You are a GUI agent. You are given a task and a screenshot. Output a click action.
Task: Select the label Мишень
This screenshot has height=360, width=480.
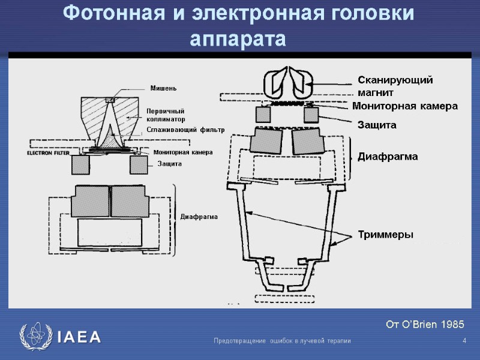(x=163, y=89)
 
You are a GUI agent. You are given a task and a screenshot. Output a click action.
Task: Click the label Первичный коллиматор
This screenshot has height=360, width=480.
(x=165, y=115)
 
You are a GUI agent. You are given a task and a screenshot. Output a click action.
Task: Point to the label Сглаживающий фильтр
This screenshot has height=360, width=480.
(x=185, y=130)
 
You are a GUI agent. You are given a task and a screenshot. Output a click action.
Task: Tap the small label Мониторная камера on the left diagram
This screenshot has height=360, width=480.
(x=183, y=152)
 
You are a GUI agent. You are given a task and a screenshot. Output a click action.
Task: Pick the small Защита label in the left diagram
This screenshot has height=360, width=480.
(x=169, y=163)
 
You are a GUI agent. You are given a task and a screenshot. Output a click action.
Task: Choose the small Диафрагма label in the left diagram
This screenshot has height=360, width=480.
(x=199, y=216)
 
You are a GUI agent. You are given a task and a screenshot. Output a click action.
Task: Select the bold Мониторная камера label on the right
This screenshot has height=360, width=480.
(x=404, y=106)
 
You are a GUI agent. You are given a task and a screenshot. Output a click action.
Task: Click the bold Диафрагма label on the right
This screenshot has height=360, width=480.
(x=387, y=157)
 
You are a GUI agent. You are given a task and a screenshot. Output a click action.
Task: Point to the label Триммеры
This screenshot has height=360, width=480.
(x=385, y=234)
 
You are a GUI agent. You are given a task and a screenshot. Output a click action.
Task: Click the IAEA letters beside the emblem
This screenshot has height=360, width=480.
(x=79, y=337)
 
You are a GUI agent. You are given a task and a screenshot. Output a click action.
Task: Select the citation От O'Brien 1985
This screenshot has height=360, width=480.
(x=425, y=325)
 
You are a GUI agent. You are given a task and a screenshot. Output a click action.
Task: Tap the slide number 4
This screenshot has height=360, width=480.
(x=464, y=341)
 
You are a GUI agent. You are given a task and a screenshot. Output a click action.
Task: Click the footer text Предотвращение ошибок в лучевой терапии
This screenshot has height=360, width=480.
(x=282, y=341)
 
